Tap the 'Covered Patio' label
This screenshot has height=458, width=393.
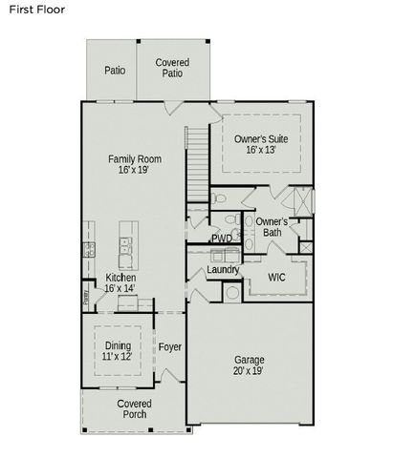tap(172, 68)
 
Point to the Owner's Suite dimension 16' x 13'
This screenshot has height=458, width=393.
tap(261, 150)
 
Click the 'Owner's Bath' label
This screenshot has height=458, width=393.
tap(272, 226)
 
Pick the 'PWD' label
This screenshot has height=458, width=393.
tap(221, 239)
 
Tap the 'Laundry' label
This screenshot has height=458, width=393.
tap(223, 269)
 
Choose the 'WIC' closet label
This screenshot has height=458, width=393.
tap(276, 278)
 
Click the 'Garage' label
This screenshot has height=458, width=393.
tap(250, 360)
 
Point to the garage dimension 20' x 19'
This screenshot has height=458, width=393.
tap(250, 371)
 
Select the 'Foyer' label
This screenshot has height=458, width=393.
tap(170, 346)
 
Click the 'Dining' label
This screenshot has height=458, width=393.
tap(119, 344)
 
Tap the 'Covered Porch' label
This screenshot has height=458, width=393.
tap(134, 409)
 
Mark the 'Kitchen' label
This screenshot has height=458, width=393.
tap(120, 277)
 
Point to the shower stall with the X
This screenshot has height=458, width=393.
tap(300, 203)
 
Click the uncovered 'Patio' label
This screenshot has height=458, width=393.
tap(115, 70)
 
